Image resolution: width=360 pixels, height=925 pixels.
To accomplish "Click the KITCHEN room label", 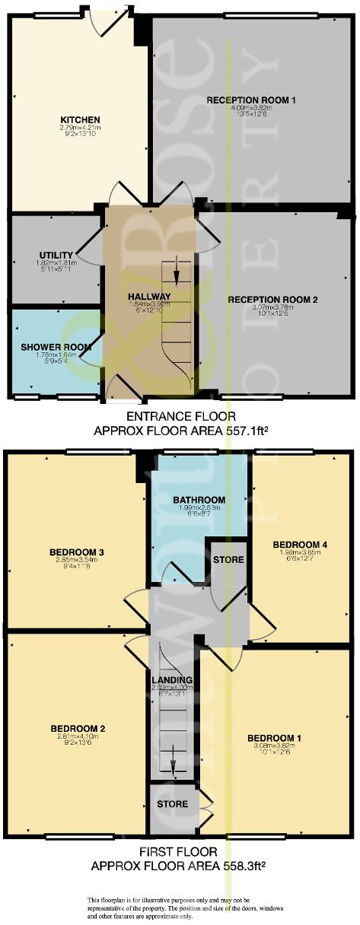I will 81,119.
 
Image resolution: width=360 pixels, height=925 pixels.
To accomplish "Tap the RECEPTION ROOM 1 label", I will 251,100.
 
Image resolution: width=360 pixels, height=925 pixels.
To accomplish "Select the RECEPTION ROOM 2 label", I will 272,299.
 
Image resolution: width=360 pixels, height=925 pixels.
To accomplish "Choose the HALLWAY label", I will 149,296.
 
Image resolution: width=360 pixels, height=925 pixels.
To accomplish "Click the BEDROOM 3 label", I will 76,552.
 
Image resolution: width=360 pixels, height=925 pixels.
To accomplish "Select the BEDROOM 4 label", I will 300,544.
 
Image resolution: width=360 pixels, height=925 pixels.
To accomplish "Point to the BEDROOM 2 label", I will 76,728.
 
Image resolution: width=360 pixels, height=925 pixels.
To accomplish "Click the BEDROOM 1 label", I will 274,737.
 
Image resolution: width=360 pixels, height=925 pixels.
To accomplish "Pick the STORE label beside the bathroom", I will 229,560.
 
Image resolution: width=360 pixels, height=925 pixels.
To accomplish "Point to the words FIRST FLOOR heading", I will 180,852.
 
